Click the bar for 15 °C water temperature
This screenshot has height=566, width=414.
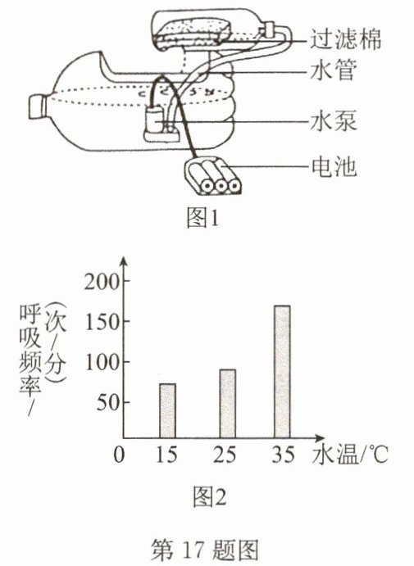tap(167, 411)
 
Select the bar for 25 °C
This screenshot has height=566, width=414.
tap(228, 404)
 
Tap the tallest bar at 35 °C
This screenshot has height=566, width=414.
tap(282, 372)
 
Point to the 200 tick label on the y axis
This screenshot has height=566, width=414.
tap(102, 282)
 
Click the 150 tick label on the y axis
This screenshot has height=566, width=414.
tap(102, 322)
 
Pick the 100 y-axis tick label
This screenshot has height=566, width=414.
tap(102, 362)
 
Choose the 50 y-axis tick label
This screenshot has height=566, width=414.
tap(108, 403)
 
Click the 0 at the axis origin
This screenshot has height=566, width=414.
tap(119, 455)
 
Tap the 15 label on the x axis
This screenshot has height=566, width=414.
tap(166, 455)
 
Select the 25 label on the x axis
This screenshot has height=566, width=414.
tap(225, 455)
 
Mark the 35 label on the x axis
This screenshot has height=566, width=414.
tap(283, 455)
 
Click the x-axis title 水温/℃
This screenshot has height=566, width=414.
tap(350, 454)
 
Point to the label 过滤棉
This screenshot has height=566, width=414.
tap(345, 39)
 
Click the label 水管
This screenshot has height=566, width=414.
tap(334, 70)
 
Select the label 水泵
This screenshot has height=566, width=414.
tap(334, 121)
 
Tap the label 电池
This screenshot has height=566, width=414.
tap(334, 167)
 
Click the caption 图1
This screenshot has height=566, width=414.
tap(202, 219)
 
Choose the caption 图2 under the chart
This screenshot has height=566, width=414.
tap(210, 497)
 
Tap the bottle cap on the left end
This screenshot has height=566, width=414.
tap(38, 106)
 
